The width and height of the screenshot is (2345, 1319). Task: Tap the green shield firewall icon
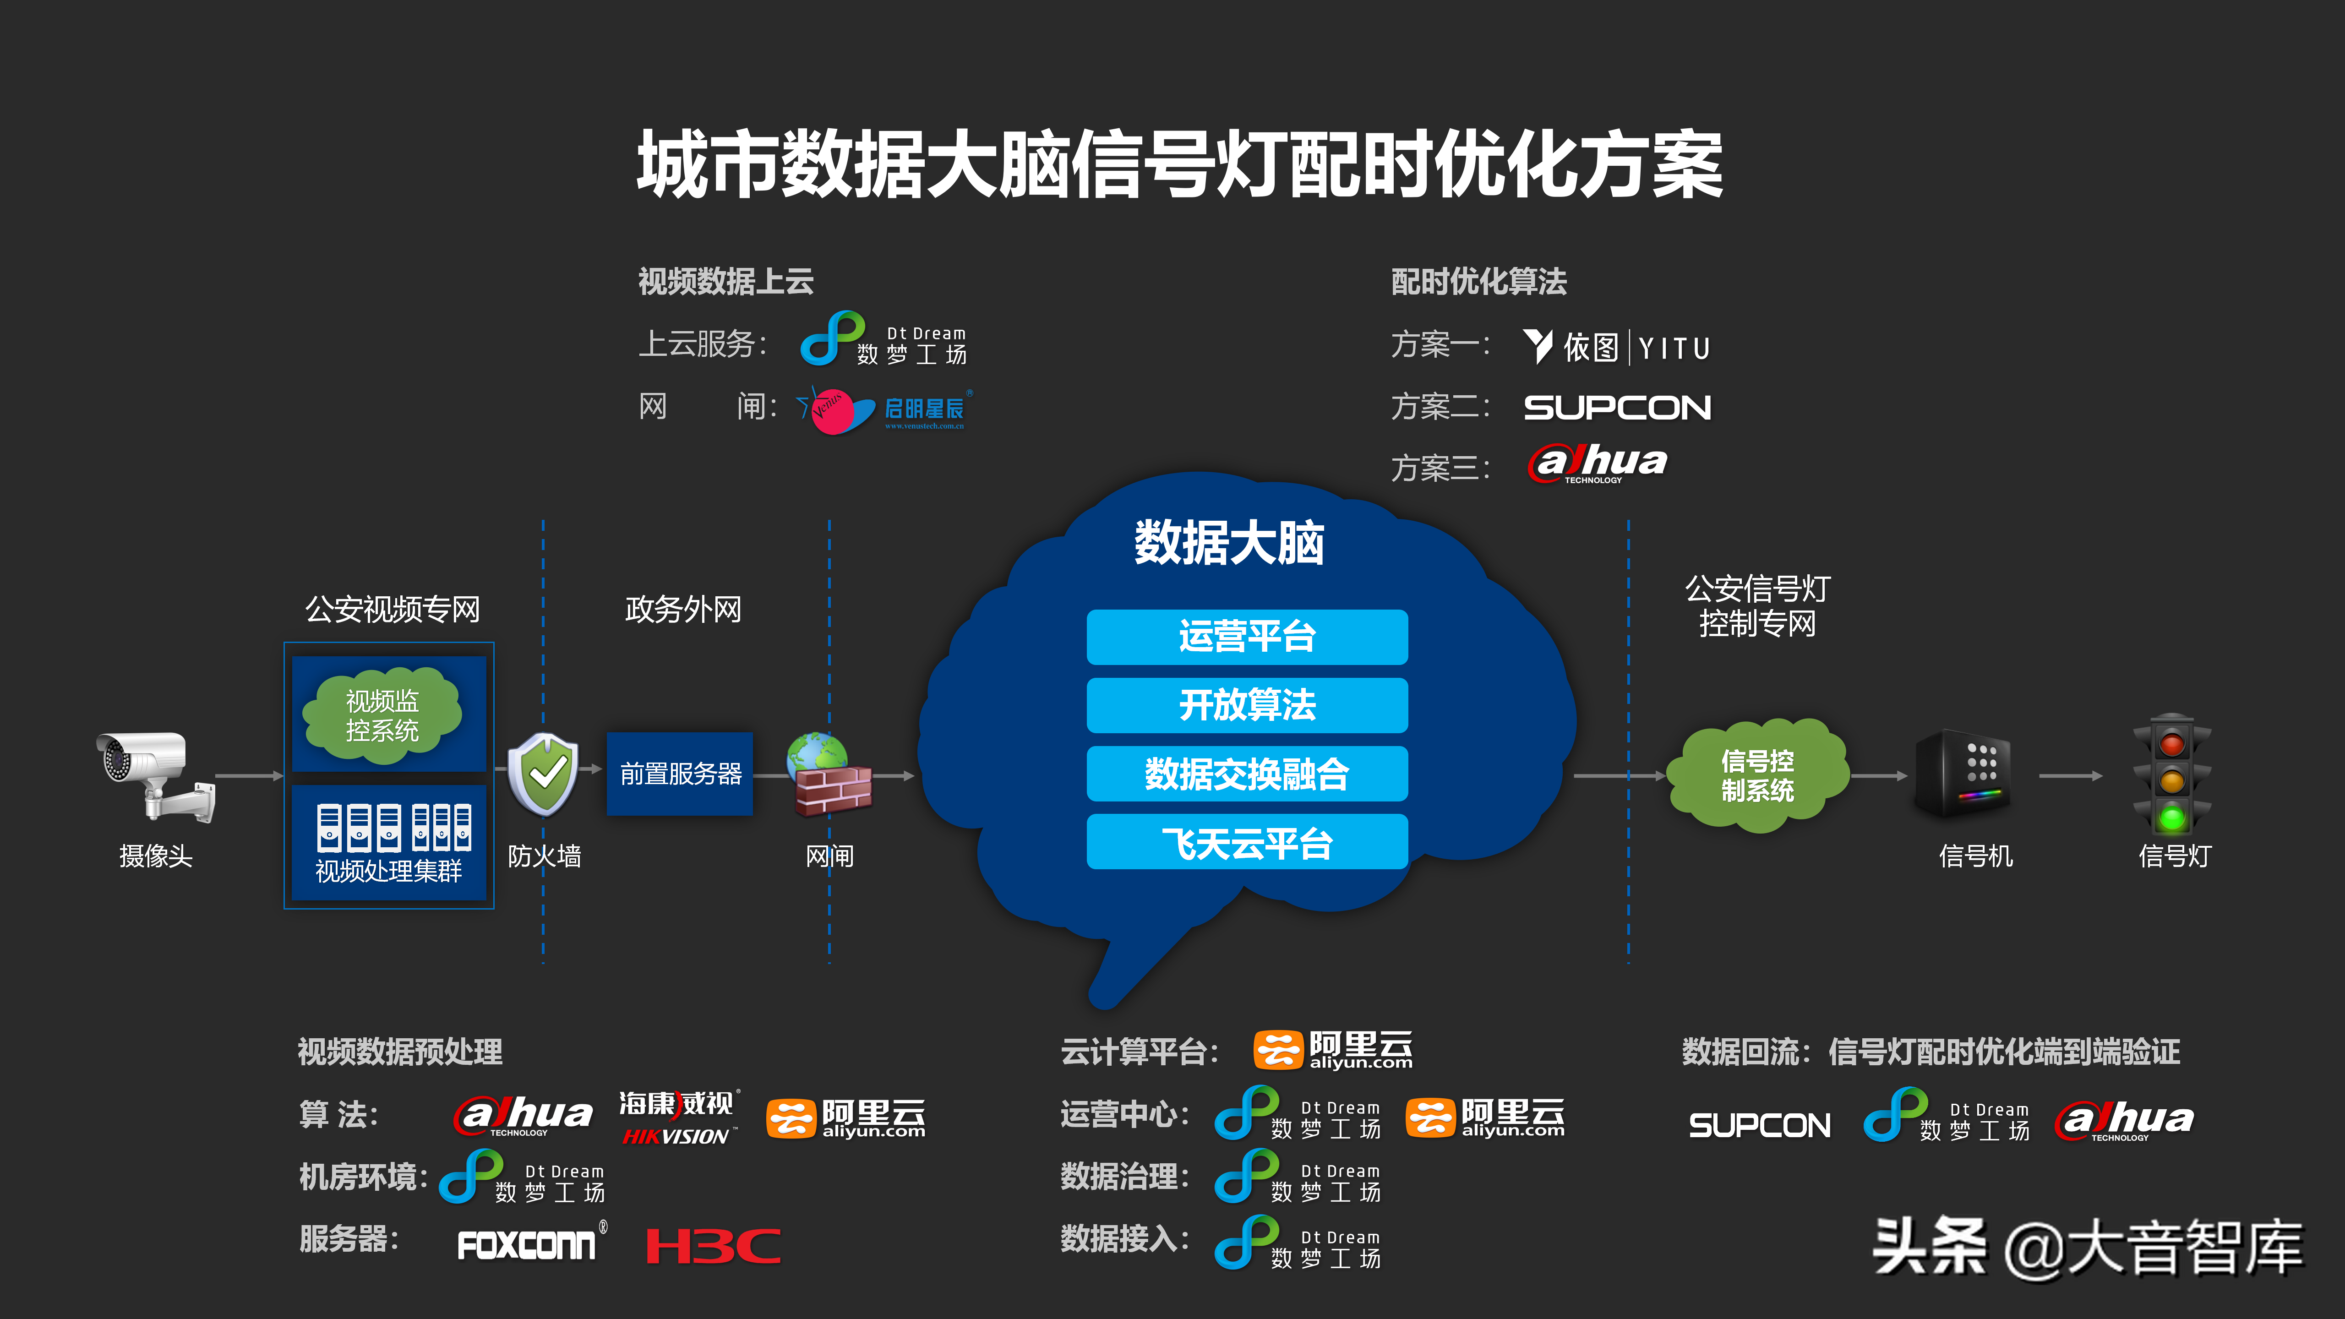544,774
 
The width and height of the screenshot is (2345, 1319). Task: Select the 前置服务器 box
680,774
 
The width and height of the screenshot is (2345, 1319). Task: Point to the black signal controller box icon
1963,774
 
